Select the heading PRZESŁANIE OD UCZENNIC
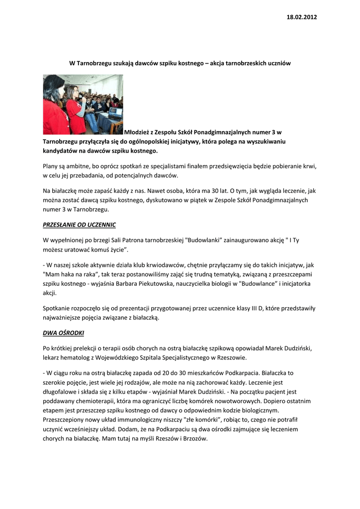[x=80, y=225]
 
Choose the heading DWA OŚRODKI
[x=64, y=333]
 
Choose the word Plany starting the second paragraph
[x=52, y=166]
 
